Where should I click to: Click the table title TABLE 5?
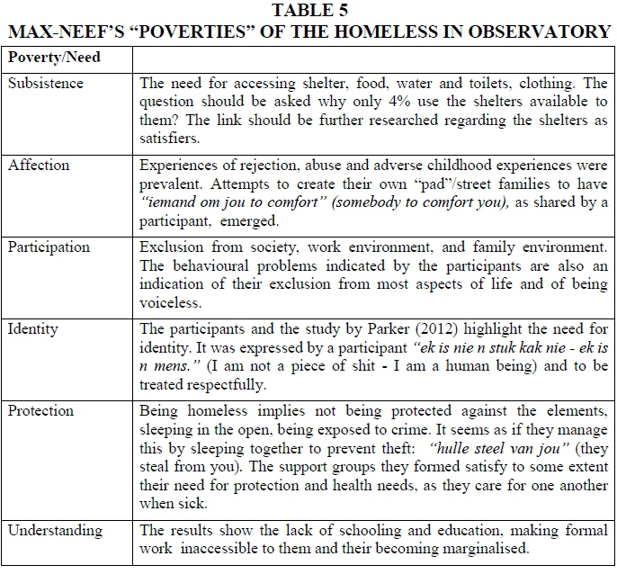[308, 11]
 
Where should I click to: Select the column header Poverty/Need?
[54, 58]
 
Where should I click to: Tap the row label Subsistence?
[46, 83]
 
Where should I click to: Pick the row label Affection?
[39, 166]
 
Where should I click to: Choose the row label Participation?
[49, 247]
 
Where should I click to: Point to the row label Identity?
[33, 328]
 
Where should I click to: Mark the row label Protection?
[42, 410]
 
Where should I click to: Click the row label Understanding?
[55, 530]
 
